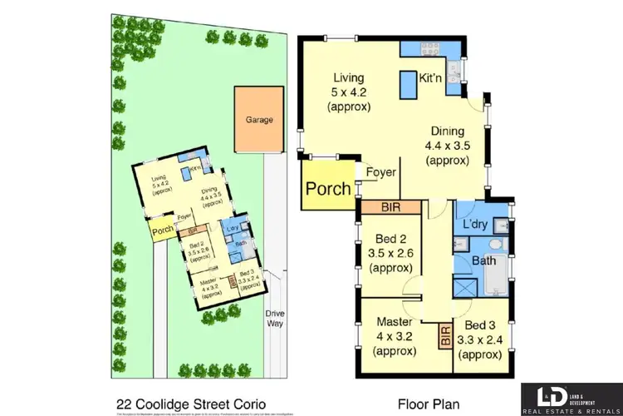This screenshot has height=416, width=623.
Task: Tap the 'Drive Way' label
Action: click(274, 318)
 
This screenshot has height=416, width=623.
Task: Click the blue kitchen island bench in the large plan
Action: click(408, 84)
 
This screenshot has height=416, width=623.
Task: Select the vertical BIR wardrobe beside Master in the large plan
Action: click(444, 337)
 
